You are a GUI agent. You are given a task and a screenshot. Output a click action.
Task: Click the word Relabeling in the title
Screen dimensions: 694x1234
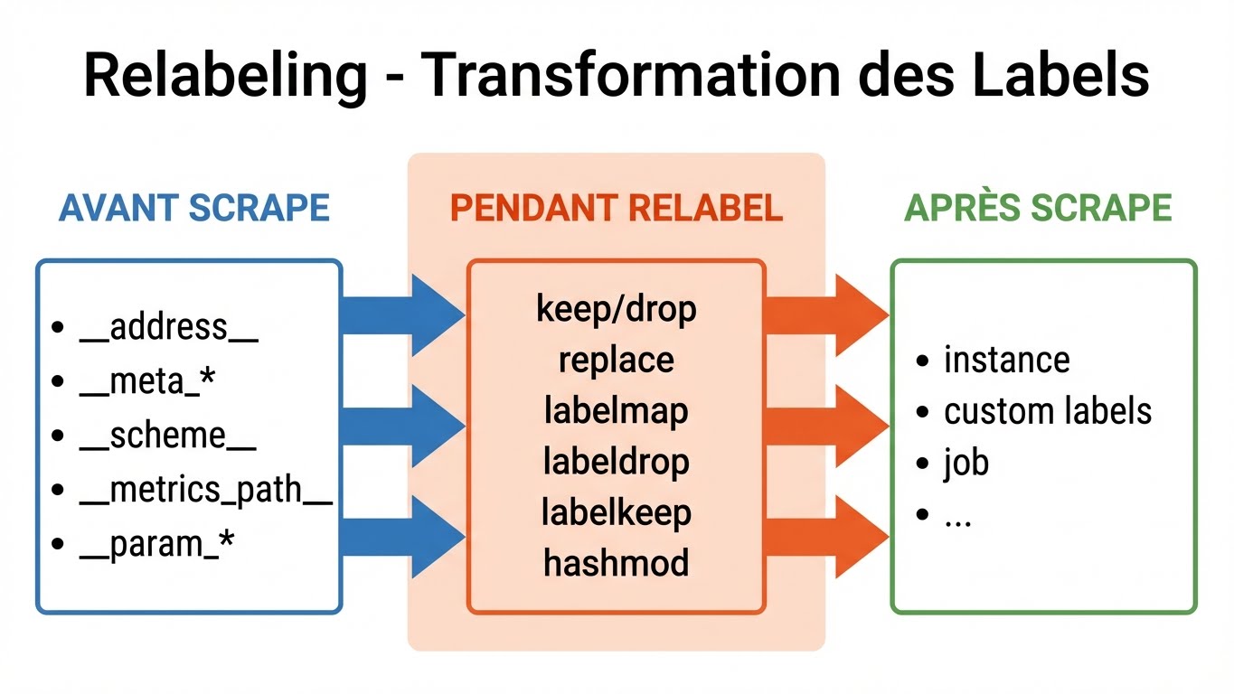[x=225, y=76]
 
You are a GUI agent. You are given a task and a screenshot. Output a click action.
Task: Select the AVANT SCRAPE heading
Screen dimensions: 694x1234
[x=193, y=208]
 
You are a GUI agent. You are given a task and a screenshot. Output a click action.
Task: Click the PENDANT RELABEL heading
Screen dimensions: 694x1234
[x=616, y=208]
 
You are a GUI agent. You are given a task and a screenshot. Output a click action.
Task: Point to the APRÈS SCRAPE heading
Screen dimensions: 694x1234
[x=1038, y=208]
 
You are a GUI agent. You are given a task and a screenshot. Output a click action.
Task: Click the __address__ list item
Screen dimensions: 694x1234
[x=169, y=327]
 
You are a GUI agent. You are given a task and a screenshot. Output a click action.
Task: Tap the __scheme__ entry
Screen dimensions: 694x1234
[x=168, y=436]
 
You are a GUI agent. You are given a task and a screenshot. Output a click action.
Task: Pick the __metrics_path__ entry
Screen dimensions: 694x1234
[x=206, y=490]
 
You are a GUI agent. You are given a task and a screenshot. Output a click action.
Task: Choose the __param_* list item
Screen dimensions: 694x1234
[x=157, y=545]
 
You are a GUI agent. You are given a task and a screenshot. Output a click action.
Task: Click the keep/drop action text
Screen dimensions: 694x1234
[x=616, y=309]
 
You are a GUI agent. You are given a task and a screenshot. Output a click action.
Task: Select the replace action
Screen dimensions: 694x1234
[x=616, y=360]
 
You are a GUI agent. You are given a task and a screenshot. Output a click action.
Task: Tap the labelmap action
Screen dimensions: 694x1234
[x=616, y=410]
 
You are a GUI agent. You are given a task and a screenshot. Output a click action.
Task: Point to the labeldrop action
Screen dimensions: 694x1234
[x=616, y=462]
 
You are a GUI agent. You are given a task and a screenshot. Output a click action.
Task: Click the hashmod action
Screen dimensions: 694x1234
[x=616, y=563]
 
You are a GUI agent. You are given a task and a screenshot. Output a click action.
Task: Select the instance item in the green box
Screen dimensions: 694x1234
[x=1006, y=360]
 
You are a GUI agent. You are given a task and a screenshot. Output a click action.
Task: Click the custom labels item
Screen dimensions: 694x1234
[x=1047, y=411]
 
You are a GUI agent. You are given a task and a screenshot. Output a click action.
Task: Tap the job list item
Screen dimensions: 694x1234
[x=966, y=463]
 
